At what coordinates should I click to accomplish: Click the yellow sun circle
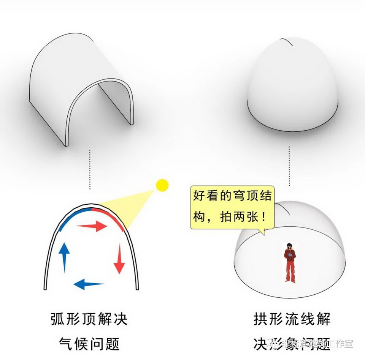(162, 185)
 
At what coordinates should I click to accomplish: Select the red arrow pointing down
(120, 257)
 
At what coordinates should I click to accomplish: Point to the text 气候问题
(89, 344)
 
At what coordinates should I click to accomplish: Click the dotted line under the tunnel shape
(90, 169)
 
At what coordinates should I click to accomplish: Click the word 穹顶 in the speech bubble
(241, 197)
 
